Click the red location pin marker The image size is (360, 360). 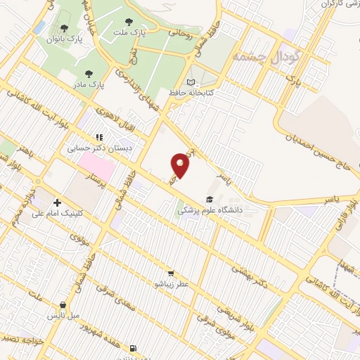(181, 165)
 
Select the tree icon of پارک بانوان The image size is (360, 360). (65, 29)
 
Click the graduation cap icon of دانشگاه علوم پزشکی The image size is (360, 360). (209, 200)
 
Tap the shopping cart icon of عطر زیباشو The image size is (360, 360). (171, 273)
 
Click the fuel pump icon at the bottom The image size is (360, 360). (132, 347)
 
